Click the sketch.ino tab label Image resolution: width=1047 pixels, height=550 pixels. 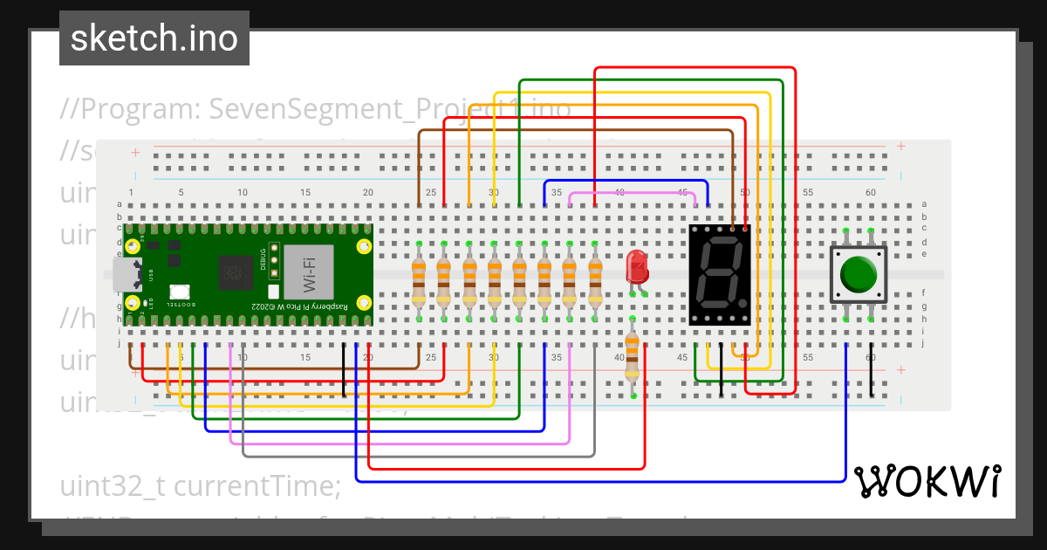click(154, 38)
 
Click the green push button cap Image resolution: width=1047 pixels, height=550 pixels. click(859, 274)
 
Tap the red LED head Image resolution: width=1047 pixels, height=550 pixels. click(637, 264)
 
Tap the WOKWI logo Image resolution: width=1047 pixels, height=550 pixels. click(927, 480)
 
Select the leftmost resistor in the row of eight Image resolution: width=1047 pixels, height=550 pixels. click(419, 281)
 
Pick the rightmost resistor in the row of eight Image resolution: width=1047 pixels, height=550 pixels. click(596, 281)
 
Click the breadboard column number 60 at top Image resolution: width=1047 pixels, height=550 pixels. click(870, 192)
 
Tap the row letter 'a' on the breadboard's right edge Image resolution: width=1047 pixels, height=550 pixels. click(924, 204)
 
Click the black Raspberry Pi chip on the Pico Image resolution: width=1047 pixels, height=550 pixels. click(236, 272)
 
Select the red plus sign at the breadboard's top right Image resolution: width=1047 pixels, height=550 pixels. click(900, 147)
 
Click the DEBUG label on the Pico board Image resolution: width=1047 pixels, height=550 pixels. click(264, 261)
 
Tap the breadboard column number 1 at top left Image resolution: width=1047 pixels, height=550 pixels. click(131, 192)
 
